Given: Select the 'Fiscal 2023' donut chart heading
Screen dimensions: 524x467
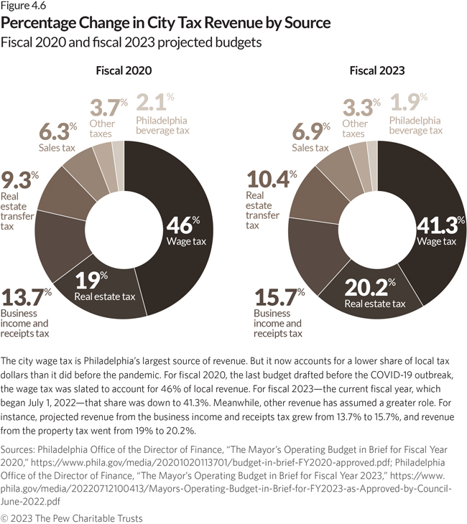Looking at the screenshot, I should (x=376, y=70).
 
